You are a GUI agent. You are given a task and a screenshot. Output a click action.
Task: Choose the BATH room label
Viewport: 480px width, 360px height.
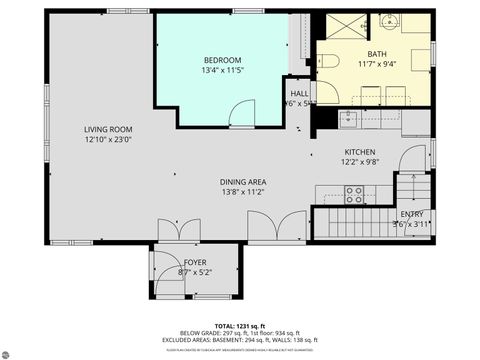point(376,54)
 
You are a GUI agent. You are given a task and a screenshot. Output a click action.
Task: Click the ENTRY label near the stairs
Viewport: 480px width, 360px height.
point(411,214)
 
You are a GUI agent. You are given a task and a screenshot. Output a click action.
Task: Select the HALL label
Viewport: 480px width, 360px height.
point(299,92)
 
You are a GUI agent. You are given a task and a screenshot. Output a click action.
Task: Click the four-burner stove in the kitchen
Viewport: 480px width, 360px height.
point(355,195)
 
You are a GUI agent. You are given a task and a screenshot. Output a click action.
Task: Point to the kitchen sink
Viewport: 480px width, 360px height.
point(350,121)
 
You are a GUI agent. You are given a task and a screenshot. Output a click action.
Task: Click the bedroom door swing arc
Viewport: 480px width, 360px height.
point(240,114)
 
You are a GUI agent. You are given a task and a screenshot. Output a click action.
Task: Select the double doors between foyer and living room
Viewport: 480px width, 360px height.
point(171,231)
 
